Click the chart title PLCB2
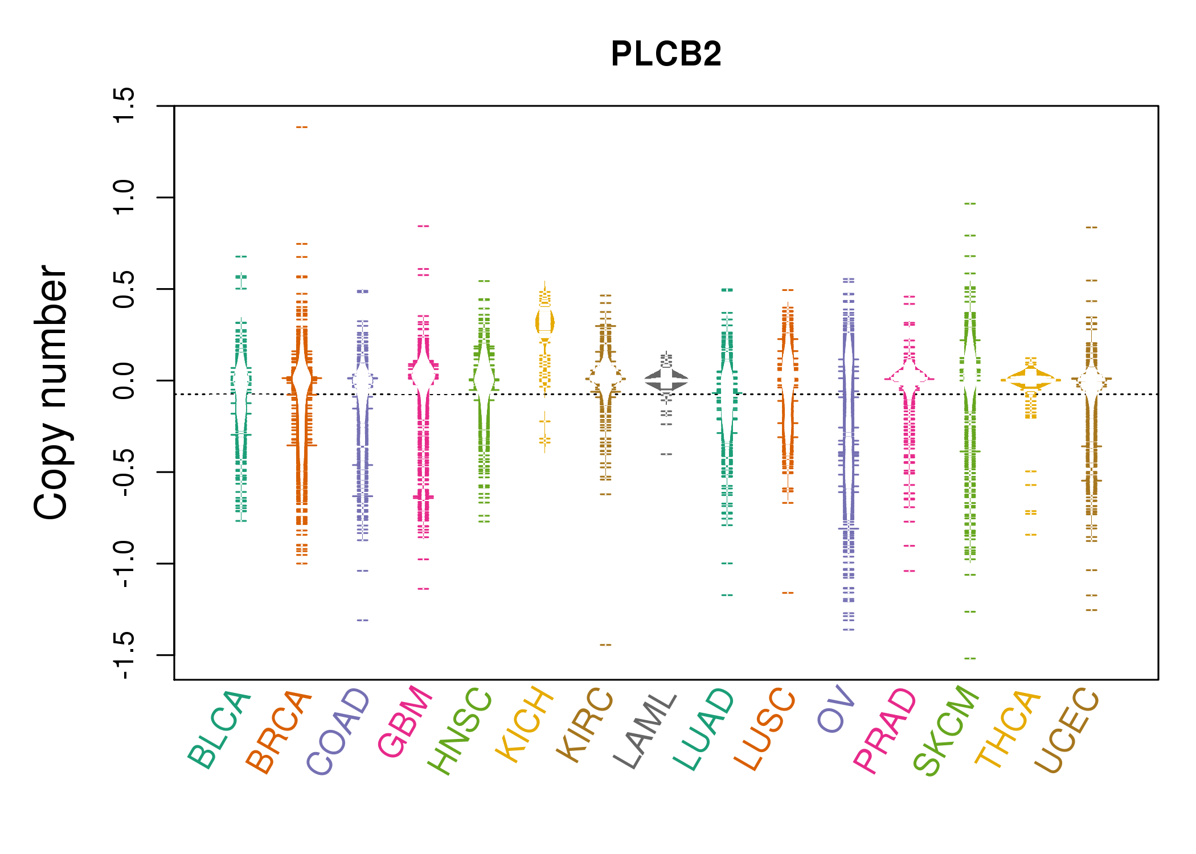click(666, 55)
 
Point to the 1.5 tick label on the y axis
click(124, 106)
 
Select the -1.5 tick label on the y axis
click(124, 655)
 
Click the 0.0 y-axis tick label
click(124, 380)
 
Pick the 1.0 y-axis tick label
click(124, 198)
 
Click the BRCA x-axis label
click(279, 732)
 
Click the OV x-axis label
click(836, 709)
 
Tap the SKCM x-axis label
click(946, 731)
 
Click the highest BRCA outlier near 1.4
click(302, 128)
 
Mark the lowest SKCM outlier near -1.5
click(970, 659)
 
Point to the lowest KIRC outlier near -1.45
click(605, 645)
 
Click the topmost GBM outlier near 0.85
click(423, 227)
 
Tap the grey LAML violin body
click(666, 379)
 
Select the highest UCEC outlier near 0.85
click(1091, 228)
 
